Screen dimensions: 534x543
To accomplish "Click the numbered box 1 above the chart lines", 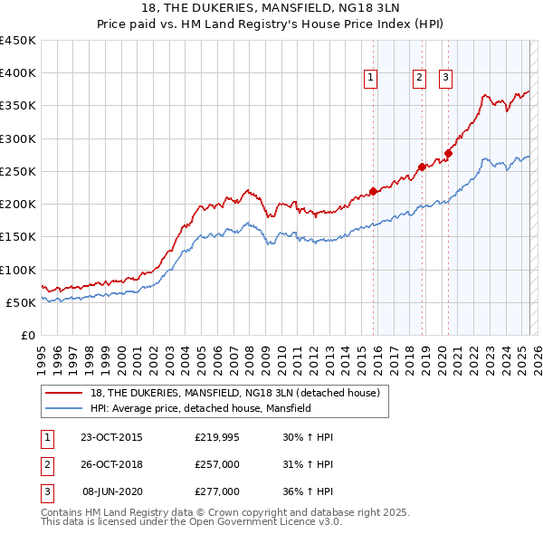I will point(371,79).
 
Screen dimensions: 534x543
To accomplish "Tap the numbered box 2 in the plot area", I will point(420,79).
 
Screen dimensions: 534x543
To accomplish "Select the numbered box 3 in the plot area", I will point(446,79).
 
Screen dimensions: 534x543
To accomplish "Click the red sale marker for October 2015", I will point(373,191).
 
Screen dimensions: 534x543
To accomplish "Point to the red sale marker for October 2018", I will point(422,167).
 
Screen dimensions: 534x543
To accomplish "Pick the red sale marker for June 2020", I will point(448,153).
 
